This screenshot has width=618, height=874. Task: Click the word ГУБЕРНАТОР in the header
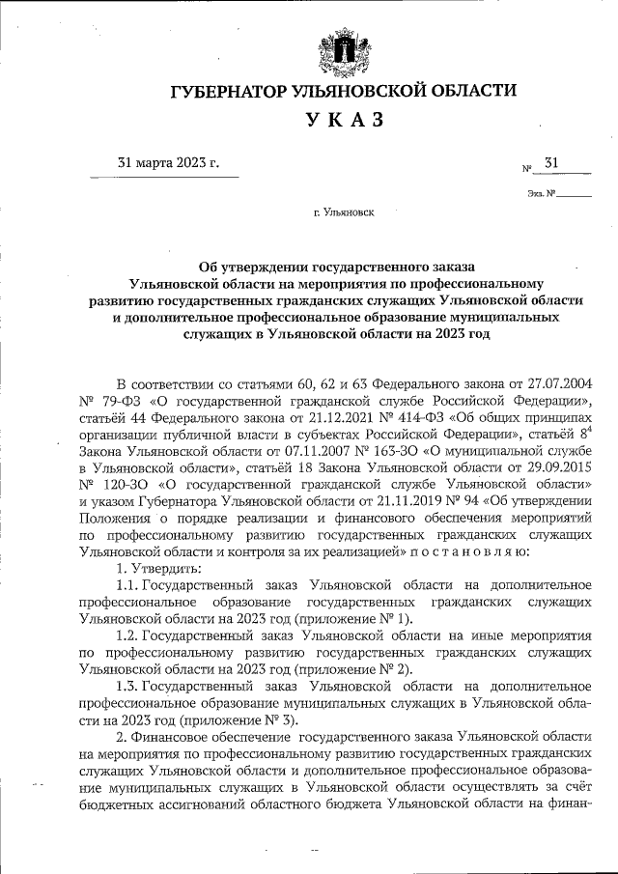[227, 91]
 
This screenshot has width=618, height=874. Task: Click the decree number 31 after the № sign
[552, 164]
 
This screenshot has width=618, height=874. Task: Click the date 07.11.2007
[284, 451]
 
